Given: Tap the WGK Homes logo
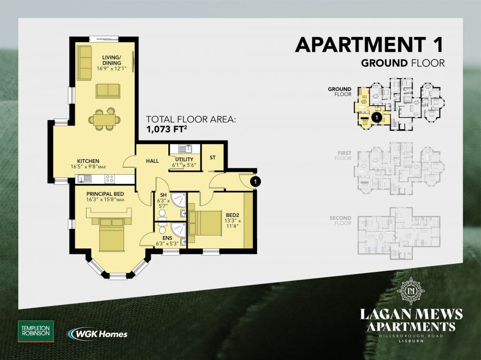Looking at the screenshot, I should click(x=97, y=334).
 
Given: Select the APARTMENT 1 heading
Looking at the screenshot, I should click(x=370, y=45).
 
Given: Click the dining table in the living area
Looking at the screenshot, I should click(x=102, y=119).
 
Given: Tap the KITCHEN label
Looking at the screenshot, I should click(x=88, y=161).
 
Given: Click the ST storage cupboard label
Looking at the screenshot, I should click(x=212, y=158).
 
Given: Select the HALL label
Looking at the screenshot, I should click(x=152, y=160).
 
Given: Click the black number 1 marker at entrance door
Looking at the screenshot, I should click(x=255, y=182).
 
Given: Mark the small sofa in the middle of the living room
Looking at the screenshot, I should click(x=108, y=91).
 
